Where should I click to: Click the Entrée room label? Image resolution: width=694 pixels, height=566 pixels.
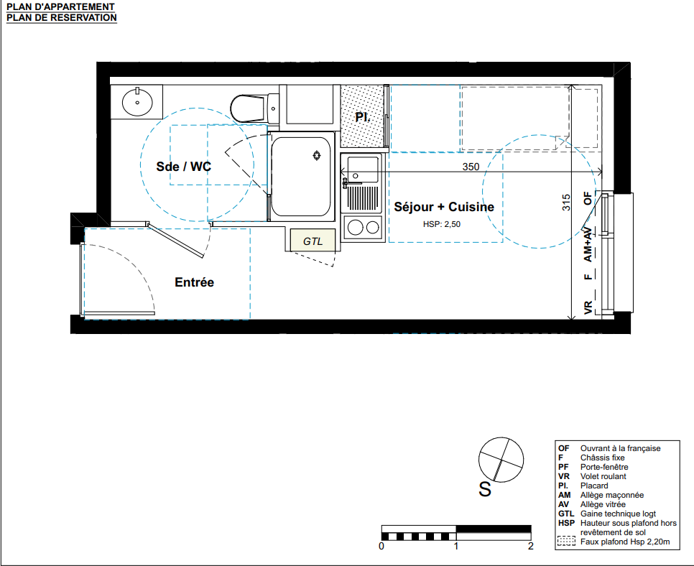194,282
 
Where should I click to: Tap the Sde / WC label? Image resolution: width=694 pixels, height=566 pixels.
184,167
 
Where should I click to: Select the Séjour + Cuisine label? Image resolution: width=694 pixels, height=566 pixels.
444,207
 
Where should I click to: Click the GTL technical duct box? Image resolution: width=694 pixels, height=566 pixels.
313,241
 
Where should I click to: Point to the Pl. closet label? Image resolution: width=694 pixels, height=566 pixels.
363,117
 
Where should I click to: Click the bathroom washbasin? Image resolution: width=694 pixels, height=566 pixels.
137,102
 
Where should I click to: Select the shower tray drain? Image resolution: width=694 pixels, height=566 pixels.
316,155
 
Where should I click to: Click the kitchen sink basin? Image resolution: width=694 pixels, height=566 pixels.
363,170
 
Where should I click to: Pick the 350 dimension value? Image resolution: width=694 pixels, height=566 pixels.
471,167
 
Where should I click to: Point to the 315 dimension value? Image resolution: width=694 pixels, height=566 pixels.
566,203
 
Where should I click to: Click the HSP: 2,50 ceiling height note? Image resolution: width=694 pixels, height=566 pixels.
442,224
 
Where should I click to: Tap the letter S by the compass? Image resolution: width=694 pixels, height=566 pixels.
485,489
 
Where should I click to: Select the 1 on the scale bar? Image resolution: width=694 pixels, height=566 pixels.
456,546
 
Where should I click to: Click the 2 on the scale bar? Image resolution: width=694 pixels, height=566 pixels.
531,546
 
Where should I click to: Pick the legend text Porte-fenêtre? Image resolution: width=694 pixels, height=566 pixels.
604,467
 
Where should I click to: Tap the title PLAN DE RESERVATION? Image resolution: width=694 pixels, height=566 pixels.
62,18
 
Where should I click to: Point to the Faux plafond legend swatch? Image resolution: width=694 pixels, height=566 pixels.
566,541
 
